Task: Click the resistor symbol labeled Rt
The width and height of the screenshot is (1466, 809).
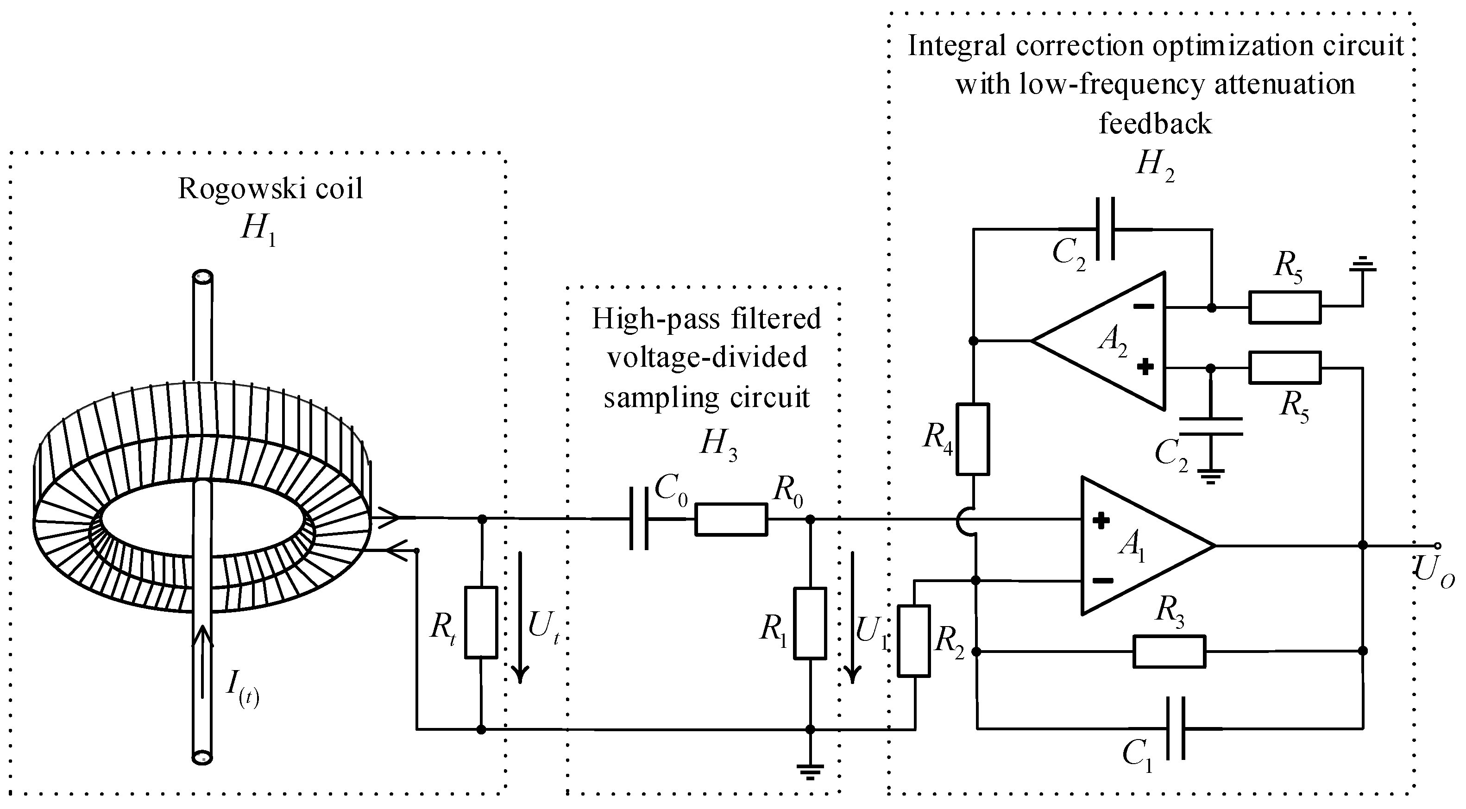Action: [481, 622]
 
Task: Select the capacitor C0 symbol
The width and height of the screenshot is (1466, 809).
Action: [639, 518]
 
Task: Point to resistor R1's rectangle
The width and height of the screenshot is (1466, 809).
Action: [810, 623]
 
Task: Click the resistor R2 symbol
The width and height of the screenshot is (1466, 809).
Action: [913, 641]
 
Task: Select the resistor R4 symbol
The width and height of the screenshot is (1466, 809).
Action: [973, 439]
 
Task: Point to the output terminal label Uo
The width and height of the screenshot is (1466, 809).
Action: [1434, 570]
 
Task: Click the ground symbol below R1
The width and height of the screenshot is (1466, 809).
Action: [810, 771]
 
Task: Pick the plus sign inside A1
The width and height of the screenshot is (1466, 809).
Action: [1101, 520]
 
